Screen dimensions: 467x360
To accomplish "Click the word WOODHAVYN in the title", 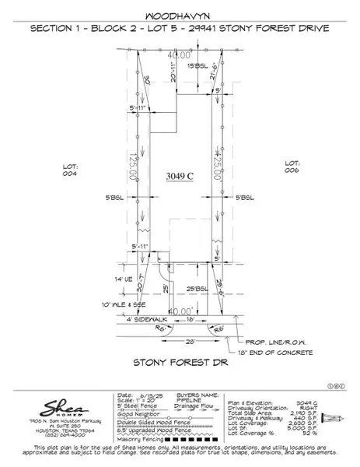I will pyautogui.click(x=179, y=15).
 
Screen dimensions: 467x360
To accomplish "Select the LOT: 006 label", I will pyautogui.click(x=292, y=167).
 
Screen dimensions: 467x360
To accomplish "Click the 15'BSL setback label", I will pyautogui.click(x=197, y=67).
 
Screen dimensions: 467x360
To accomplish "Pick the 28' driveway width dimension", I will pyautogui.click(x=168, y=342).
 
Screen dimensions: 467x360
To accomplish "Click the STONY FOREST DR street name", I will pyautogui.click(x=179, y=363).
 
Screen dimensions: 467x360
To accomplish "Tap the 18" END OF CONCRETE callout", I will pyautogui.click(x=281, y=352).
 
